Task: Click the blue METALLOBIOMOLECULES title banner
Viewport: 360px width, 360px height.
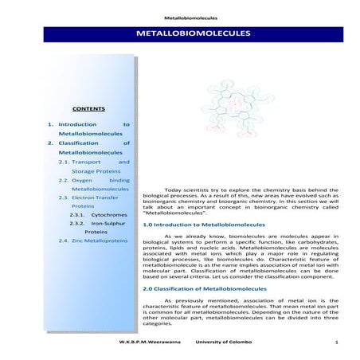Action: click(194, 34)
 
